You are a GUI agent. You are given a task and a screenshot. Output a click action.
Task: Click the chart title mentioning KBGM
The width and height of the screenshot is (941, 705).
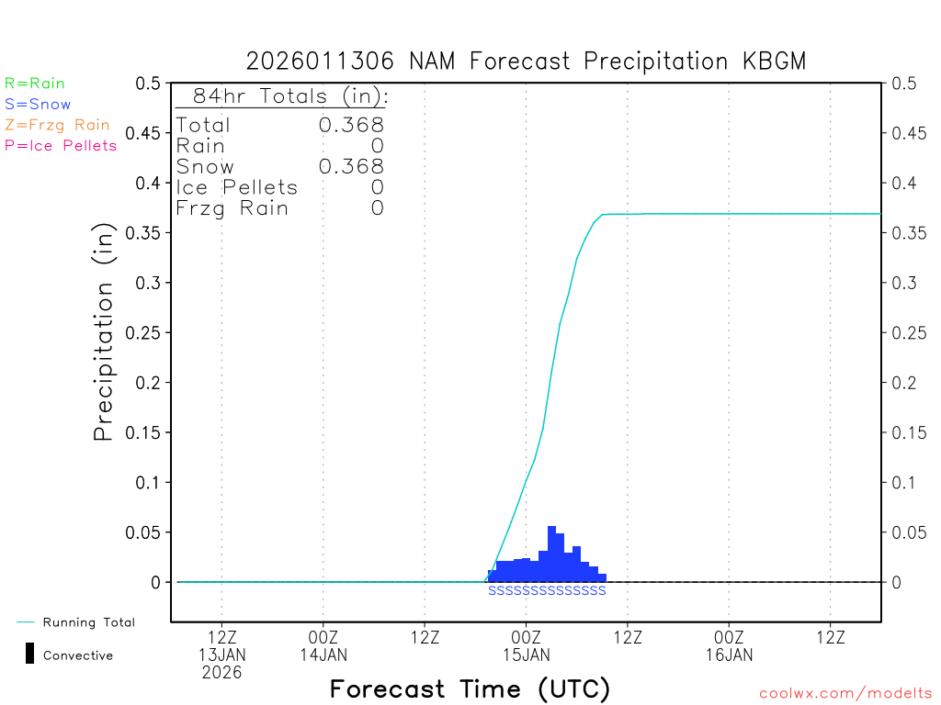pos(526,62)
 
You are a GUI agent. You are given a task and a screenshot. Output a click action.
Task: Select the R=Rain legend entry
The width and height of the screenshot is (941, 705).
pos(35,84)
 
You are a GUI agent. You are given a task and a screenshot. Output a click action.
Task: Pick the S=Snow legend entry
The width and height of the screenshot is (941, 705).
pos(38,105)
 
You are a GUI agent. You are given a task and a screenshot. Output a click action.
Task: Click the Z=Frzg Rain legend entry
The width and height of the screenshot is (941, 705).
pos(57,125)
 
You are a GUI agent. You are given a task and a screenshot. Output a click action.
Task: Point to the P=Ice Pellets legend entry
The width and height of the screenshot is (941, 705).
pos(61,145)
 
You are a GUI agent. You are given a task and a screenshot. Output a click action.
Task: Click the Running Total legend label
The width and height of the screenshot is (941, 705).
pos(88,622)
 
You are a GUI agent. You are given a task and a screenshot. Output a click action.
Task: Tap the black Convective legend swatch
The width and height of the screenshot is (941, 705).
pos(30,654)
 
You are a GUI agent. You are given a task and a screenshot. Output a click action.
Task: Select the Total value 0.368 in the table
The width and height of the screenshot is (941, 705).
pos(351,125)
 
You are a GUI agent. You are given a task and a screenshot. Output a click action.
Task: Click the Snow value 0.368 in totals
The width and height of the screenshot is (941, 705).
pos(351,166)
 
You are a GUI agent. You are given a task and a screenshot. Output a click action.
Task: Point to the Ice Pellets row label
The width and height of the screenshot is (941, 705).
pos(237,187)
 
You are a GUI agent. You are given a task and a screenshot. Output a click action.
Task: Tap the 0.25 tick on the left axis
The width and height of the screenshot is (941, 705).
pos(147,332)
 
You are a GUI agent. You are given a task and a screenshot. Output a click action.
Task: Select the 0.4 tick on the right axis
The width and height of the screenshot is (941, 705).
pos(904,183)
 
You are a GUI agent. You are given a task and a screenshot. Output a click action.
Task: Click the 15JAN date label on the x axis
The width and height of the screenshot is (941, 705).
pos(526,655)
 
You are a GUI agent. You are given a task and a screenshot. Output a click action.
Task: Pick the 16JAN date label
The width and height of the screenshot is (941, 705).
pos(729,655)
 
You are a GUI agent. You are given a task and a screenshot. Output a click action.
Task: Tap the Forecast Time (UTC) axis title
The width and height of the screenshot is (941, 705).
pos(470,688)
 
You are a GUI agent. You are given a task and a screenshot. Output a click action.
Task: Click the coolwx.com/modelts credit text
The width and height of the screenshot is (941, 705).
pos(845,694)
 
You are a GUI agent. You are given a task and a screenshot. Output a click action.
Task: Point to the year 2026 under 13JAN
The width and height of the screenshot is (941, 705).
pos(222,672)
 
